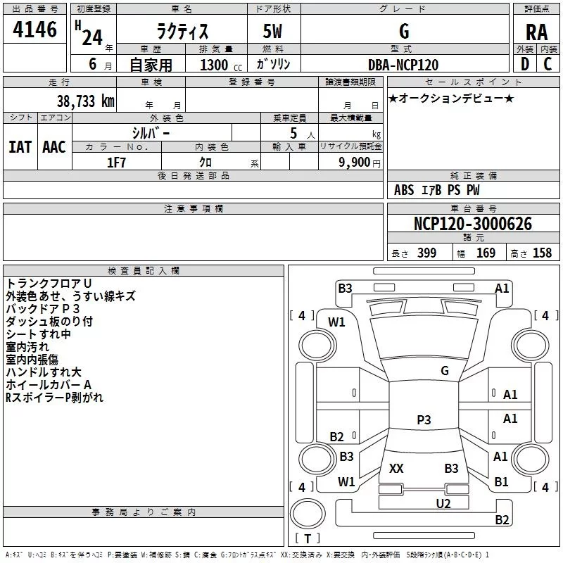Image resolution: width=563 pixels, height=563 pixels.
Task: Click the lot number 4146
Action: [x=34, y=30]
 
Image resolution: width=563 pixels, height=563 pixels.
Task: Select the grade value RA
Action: [x=537, y=32]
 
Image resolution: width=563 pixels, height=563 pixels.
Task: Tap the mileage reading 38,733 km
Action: [x=86, y=101]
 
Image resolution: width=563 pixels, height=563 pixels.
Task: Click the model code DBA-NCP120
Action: [x=403, y=65]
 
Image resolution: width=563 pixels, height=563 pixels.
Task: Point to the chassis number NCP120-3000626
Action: [x=473, y=224]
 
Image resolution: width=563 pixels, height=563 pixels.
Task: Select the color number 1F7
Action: [x=116, y=163]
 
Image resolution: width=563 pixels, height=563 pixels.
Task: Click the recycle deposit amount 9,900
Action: [x=355, y=163]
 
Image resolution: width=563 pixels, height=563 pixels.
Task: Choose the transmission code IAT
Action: [x=20, y=147]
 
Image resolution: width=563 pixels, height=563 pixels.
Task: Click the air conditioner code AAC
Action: [x=54, y=147]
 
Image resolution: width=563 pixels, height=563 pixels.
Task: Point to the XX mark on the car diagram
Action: [x=396, y=469]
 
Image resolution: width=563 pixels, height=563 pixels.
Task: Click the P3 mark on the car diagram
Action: [x=424, y=419]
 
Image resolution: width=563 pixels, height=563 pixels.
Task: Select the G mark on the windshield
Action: [x=445, y=371]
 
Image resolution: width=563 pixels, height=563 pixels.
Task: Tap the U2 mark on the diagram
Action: [x=443, y=504]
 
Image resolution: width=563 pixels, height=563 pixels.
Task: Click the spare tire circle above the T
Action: [x=308, y=514]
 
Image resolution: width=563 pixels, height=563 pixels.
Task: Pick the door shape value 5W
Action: [x=272, y=31]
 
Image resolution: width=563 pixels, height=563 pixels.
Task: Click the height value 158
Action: [x=542, y=253]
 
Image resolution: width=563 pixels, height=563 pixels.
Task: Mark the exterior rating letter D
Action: [x=525, y=64]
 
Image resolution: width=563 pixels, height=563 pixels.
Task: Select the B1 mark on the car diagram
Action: [x=501, y=482]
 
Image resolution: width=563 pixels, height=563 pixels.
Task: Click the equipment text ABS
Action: [x=404, y=190]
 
